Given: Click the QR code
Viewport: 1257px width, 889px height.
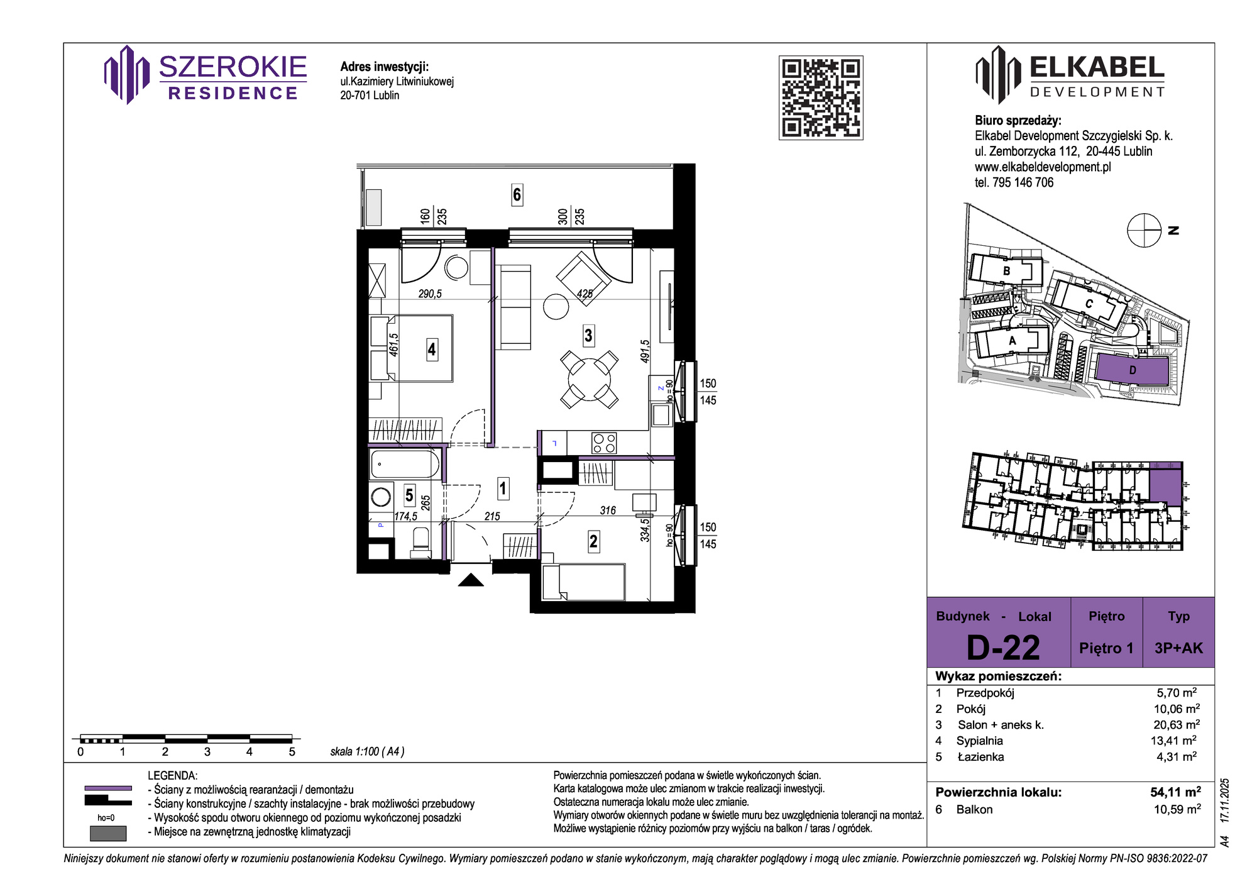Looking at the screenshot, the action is click(821, 97).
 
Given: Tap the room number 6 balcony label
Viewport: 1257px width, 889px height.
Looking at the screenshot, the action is click(517, 195).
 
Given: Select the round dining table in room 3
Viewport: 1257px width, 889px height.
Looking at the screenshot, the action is click(589, 379).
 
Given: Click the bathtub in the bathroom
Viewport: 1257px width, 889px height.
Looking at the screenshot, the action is click(405, 465).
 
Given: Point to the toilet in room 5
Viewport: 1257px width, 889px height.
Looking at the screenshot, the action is click(420, 543).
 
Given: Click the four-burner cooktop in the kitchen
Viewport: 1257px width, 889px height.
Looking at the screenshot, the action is click(604, 443).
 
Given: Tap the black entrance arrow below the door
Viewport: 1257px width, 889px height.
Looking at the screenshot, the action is click(471, 580).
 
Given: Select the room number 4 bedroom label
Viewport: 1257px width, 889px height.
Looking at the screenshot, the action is click(432, 349).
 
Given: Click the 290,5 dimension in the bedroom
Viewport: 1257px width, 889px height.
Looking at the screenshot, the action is click(430, 294).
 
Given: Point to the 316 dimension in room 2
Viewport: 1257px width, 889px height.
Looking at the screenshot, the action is click(608, 511).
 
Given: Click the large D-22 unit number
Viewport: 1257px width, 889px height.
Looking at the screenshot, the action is click(1003, 648).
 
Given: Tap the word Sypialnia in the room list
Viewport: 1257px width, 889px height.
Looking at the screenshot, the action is click(980, 741).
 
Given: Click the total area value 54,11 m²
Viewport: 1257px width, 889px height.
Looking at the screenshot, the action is click(1175, 792).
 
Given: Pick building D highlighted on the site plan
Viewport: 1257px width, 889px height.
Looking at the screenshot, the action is click(1133, 370).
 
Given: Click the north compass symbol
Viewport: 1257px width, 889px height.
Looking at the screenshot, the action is click(1144, 230).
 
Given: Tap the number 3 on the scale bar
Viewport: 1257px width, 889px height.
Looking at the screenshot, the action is click(207, 751).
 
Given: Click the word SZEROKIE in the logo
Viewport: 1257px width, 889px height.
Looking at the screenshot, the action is click(233, 67).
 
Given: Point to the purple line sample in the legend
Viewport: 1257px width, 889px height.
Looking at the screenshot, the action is click(108, 788).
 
